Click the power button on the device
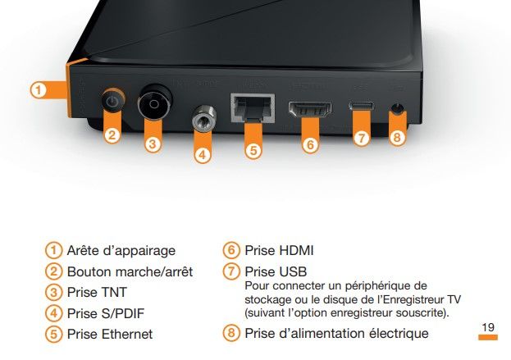coord(112,100)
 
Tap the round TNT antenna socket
coord(154,103)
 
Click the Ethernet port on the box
coord(253,108)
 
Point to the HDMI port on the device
coord(310,109)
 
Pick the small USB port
coord(361,106)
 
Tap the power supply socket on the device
coord(397,108)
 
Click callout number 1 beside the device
coord(39,90)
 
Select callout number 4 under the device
coord(203,154)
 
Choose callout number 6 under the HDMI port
coord(310,144)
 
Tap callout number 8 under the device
coord(397,137)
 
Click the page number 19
coord(488,327)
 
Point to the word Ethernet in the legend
coord(127,334)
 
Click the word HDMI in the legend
coord(296,251)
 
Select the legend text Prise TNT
coord(97,292)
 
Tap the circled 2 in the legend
coord(53,271)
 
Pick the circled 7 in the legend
coord(231,271)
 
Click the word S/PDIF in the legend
coord(123,313)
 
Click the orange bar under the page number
coord(488,337)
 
